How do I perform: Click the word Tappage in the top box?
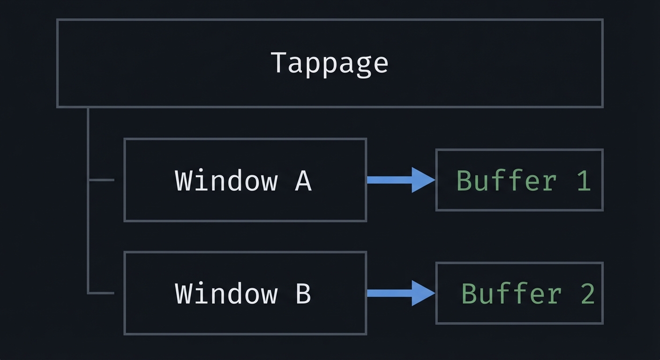pos(330,63)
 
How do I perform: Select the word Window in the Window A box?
pos(226,180)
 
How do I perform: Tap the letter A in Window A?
pos(303,180)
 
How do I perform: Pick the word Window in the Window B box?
pos(226,293)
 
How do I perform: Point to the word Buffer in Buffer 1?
pos(507,180)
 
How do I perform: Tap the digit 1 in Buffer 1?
pos(584,180)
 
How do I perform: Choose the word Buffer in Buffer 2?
pos(512,294)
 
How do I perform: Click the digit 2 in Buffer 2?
pos(588,294)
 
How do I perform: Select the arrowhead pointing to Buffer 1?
pos(422,180)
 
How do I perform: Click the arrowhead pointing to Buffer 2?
pos(422,293)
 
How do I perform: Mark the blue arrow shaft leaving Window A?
pos(389,180)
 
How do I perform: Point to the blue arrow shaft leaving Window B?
pos(389,293)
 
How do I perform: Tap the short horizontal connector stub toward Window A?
pos(101,180)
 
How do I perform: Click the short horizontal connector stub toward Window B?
pos(101,293)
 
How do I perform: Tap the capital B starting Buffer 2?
pos(470,294)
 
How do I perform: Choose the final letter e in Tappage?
pos(380,65)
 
